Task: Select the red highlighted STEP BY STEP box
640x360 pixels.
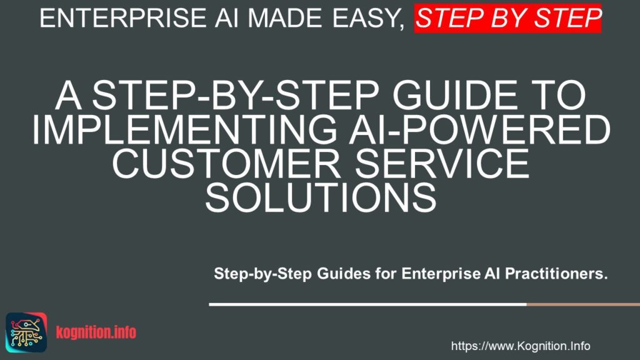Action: tap(508, 19)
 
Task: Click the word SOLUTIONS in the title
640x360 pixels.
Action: tap(320, 198)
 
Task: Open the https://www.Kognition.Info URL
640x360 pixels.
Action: tap(520, 346)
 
